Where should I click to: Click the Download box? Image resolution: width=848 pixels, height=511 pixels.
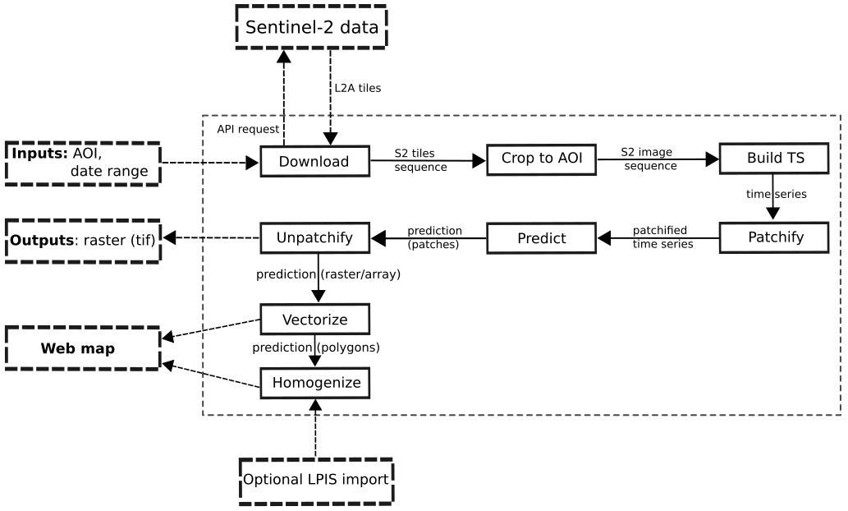pyautogui.click(x=314, y=162)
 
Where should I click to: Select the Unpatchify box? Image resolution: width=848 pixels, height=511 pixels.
pyautogui.click(x=314, y=238)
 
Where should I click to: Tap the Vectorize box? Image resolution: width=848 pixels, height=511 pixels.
pyautogui.click(x=314, y=320)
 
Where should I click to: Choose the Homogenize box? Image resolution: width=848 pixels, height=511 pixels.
pyautogui.click(x=314, y=383)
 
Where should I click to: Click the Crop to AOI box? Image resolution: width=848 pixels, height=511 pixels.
pyautogui.click(x=541, y=159)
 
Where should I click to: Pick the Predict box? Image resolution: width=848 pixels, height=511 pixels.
pyautogui.click(x=541, y=238)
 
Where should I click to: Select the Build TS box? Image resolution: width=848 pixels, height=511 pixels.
pyautogui.click(x=773, y=159)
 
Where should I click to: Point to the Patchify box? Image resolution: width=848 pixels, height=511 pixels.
pyautogui.click(x=773, y=237)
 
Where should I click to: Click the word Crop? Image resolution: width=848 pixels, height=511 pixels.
pyautogui.click(x=517, y=159)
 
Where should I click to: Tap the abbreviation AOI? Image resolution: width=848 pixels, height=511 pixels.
pyautogui.click(x=570, y=159)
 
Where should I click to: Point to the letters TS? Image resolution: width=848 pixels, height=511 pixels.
pyautogui.click(x=795, y=158)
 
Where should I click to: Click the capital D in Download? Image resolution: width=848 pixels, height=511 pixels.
pyautogui.click(x=284, y=162)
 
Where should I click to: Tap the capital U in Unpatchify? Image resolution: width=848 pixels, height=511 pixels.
pyautogui.click(x=282, y=238)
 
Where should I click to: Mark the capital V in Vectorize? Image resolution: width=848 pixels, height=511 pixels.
pyautogui.click(x=287, y=320)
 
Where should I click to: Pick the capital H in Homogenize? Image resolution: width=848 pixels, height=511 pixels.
pyautogui.click(x=277, y=383)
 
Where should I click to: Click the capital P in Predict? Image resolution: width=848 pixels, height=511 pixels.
pyautogui.click(x=522, y=239)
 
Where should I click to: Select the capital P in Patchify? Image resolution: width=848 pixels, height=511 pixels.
pyautogui.click(x=752, y=237)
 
